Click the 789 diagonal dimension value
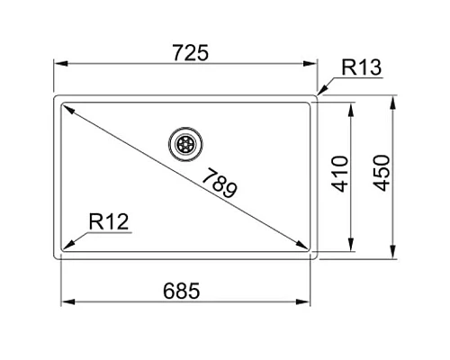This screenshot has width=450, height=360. (x=220, y=183)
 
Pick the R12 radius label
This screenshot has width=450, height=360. (x=108, y=220)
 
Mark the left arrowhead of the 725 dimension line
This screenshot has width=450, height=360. (x=60, y=65)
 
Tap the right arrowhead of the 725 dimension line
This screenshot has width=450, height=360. (x=314, y=65)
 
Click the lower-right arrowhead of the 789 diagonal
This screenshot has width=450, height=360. (x=304, y=245)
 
